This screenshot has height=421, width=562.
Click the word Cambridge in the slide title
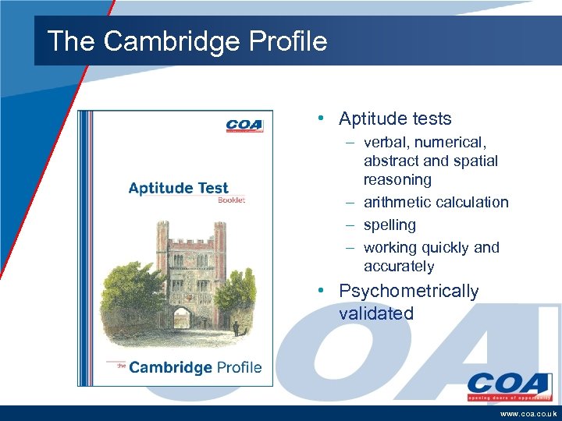(x=165, y=41)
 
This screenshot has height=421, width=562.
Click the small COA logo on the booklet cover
(x=244, y=126)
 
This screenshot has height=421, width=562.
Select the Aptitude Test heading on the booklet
(x=178, y=187)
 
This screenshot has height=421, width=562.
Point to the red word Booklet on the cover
(x=231, y=200)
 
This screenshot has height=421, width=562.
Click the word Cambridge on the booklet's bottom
(x=169, y=367)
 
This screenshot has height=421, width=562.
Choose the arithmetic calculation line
(x=436, y=203)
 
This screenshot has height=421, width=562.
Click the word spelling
(x=389, y=225)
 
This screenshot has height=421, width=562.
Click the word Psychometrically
(x=408, y=292)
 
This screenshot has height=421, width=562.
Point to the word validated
(x=375, y=314)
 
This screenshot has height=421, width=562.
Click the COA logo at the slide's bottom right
(x=508, y=385)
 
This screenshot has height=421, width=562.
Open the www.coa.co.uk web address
(x=527, y=414)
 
